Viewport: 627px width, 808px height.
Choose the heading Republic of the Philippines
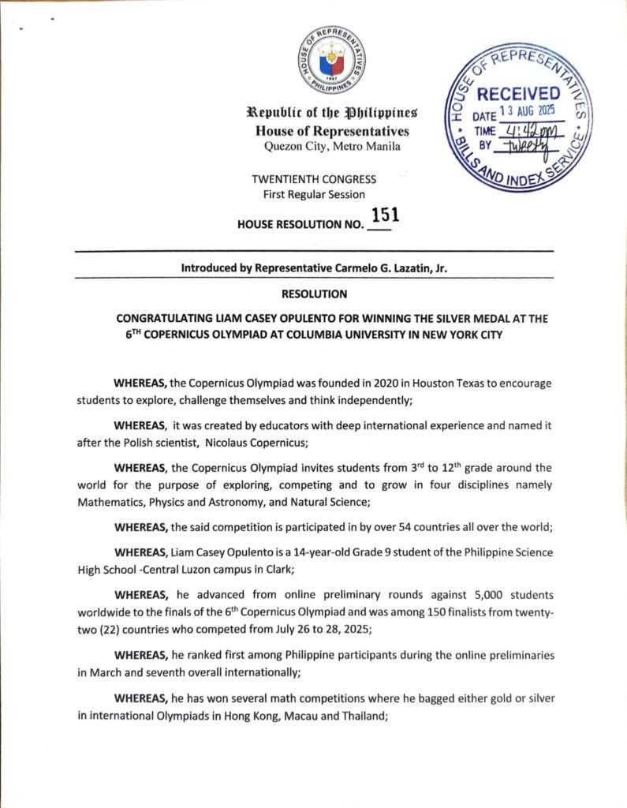332,115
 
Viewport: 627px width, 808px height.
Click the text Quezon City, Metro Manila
332,146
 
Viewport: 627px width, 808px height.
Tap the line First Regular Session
313,194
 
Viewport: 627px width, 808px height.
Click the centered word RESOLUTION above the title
313,294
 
